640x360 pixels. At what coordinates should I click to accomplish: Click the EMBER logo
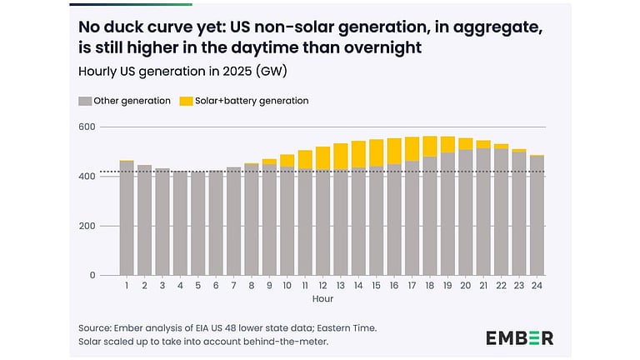pos(519,337)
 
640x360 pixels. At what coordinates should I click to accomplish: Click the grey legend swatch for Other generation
pos(84,101)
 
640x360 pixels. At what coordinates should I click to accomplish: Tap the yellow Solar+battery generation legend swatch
pos(187,101)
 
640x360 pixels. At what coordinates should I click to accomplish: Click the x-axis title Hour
pos(322,297)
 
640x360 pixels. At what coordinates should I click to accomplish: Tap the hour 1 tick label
pos(127,285)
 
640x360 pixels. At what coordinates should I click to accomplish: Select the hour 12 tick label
pos(322,285)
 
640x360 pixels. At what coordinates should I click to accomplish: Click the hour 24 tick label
pos(537,285)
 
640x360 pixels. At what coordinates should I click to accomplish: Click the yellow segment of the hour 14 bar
pos(358,154)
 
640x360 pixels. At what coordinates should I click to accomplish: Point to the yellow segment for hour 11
pos(305,160)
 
